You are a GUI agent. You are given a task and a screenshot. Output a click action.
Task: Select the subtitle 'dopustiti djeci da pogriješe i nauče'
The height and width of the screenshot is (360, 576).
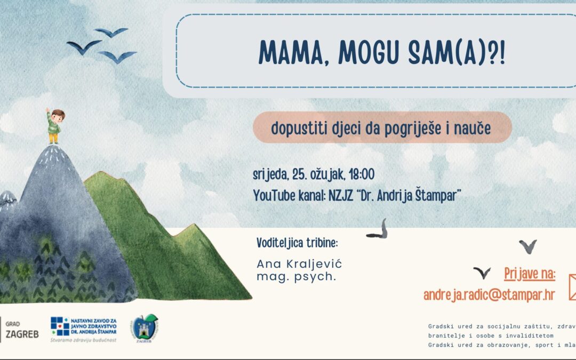[x=381, y=128]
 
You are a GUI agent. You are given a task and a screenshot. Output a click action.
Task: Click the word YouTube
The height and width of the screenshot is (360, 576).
[x=276, y=196]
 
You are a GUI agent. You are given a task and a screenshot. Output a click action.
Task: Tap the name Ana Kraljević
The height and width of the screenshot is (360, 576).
[x=299, y=264]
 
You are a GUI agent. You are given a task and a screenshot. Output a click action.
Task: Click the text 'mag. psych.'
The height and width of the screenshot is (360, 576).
[x=296, y=277]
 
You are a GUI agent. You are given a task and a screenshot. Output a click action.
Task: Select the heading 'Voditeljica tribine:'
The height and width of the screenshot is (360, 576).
[x=297, y=243]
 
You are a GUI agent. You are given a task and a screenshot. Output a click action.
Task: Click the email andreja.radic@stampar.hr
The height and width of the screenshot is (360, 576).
[x=489, y=294]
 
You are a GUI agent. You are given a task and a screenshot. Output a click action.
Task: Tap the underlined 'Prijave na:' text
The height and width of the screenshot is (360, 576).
[x=530, y=275]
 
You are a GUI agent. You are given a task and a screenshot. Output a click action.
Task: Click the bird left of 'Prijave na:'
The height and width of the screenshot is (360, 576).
[x=482, y=273]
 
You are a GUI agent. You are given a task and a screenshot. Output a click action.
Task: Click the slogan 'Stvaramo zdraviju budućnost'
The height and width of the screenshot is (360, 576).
[x=83, y=339]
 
